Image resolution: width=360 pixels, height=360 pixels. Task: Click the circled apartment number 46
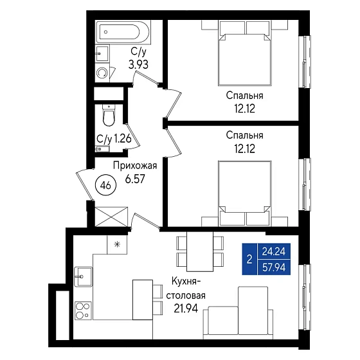(x=106, y=185)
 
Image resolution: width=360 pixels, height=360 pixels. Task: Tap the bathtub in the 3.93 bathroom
(x=123, y=32)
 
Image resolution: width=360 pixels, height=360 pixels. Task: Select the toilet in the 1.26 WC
(x=109, y=116)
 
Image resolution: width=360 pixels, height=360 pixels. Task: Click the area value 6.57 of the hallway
(x=135, y=179)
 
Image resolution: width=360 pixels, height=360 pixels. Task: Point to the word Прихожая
(x=135, y=166)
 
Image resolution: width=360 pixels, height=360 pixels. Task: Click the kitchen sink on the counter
(x=83, y=276)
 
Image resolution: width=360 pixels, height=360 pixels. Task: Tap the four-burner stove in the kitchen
(x=83, y=310)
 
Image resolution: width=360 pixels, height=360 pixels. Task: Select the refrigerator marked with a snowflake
(x=117, y=245)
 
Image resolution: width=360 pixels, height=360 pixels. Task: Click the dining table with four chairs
(x=200, y=251)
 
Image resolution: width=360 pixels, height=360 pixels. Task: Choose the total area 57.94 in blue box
(x=274, y=267)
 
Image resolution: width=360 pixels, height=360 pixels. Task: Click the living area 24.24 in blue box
(x=274, y=251)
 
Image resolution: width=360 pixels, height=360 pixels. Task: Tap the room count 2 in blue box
(x=249, y=260)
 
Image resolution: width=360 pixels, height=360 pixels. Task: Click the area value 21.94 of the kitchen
(x=186, y=309)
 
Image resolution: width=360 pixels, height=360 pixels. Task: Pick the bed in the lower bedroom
(x=244, y=194)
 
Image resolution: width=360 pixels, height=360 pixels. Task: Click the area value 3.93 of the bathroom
(x=138, y=65)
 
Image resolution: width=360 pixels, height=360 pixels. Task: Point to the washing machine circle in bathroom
(x=102, y=73)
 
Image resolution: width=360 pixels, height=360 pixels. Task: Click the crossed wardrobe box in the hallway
(x=111, y=217)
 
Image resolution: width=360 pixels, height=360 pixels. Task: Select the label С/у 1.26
(x=114, y=139)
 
